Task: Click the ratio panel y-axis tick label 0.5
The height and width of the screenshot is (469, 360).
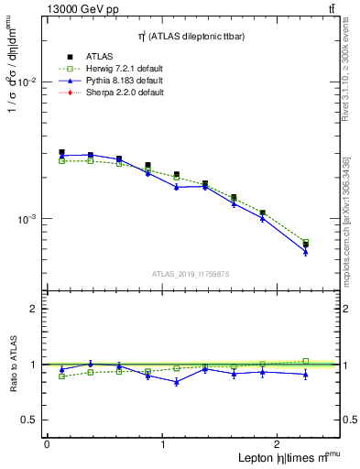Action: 30,420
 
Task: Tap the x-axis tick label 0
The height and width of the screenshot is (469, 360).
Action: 47,442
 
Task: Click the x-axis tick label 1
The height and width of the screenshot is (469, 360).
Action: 163,442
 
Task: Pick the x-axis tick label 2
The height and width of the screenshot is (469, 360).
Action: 278,442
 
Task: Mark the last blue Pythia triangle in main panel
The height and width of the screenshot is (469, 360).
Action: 306,252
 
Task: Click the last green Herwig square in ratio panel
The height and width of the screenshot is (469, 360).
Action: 306,361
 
